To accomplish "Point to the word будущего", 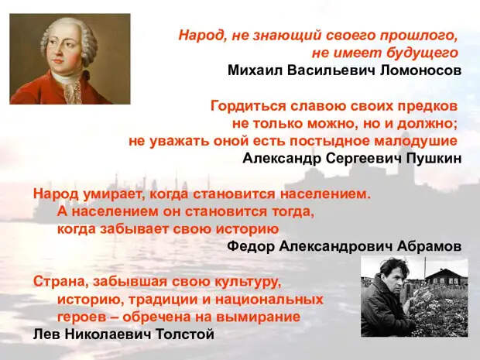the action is [x=422, y=53].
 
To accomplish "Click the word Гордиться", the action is [x=248, y=107].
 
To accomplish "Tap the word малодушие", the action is [x=416, y=142].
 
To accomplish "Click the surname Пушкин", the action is [x=434, y=159].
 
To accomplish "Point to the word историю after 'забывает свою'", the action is [x=247, y=230].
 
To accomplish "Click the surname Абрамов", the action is [x=429, y=246].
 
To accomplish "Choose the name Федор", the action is [x=251, y=246].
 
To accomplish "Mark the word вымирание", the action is [x=258, y=317].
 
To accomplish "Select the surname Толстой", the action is [x=185, y=334].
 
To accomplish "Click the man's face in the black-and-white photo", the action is [x=394, y=279].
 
